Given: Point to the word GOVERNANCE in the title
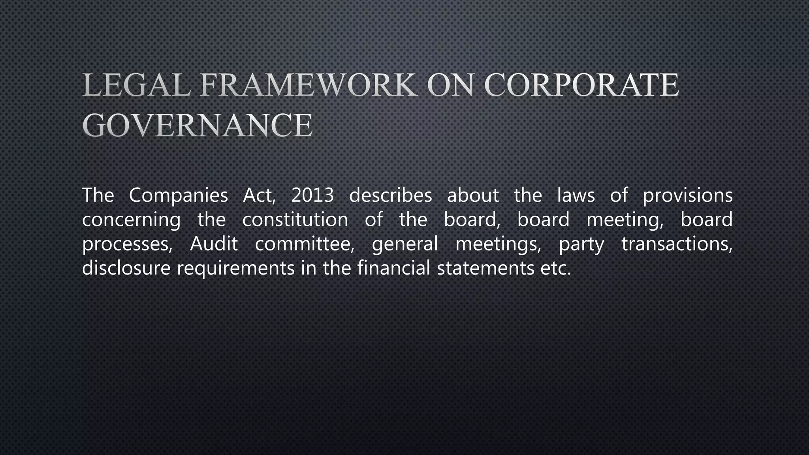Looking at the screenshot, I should click(x=198, y=125).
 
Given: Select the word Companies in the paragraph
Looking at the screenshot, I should click(x=179, y=195).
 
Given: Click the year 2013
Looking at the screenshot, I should click(x=312, y=195).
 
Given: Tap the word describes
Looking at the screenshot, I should click(x=391, y=195).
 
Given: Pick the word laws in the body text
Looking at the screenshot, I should click(x=576, y=195).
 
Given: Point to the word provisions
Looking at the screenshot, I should click(x=688, y=195).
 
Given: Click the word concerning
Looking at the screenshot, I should click(x=131, y=220).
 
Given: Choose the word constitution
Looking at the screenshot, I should click(x=295, y=220).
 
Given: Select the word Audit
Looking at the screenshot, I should click(x=214, y=244).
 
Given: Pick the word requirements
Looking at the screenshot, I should click(x=236, y=269).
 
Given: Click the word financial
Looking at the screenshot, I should click(x=393, y=268).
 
